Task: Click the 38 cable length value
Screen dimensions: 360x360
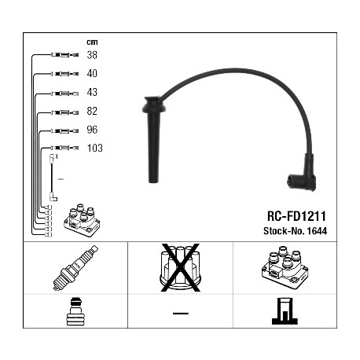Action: pyautogui.click(x=92, y=55)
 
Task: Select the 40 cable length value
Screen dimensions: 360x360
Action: pyautogui.click(x=92, y=73)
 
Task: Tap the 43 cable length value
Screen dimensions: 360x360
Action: pyautogui.click(x=92, y=92)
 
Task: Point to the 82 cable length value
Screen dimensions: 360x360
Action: pyautogui.click(x=92, y=111)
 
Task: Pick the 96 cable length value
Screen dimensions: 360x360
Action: pyautogui.click(x=92, y=130)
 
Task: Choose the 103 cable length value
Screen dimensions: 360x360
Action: pyautogui.click(x=95, y=148)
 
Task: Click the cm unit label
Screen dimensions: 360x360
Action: pyautogui.click(x=92, y=42)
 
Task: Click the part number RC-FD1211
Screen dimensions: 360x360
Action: pyautogui.click(x=296, y=216)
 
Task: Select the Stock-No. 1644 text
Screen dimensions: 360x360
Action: pyautogui.click(x=295, y=231)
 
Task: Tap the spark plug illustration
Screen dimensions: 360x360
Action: pyautogui.click(x=75, y=268)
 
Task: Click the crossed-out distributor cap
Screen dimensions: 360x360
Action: pyautogui.click(x=180, y=267)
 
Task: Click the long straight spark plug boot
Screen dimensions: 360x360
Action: pyautogui.click(x=153, y=139)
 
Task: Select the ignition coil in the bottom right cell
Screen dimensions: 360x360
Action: pyautogui.click(x=285, y=267)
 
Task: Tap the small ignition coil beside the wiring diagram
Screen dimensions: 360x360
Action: pyautogui.click(x=82, y=220)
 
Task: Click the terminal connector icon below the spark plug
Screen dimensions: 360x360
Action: pyautogui.click(x=75, y=311)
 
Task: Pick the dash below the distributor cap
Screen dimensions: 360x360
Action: pyautogui.click(x=180, y=313)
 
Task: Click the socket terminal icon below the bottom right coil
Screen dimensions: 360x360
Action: pyautogui.click(x=285, y=311)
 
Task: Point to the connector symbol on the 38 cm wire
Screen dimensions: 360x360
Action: pyautogui.click(x=64, y=55)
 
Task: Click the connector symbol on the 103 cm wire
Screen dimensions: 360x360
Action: pyautogui.click(x=64, y=148)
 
